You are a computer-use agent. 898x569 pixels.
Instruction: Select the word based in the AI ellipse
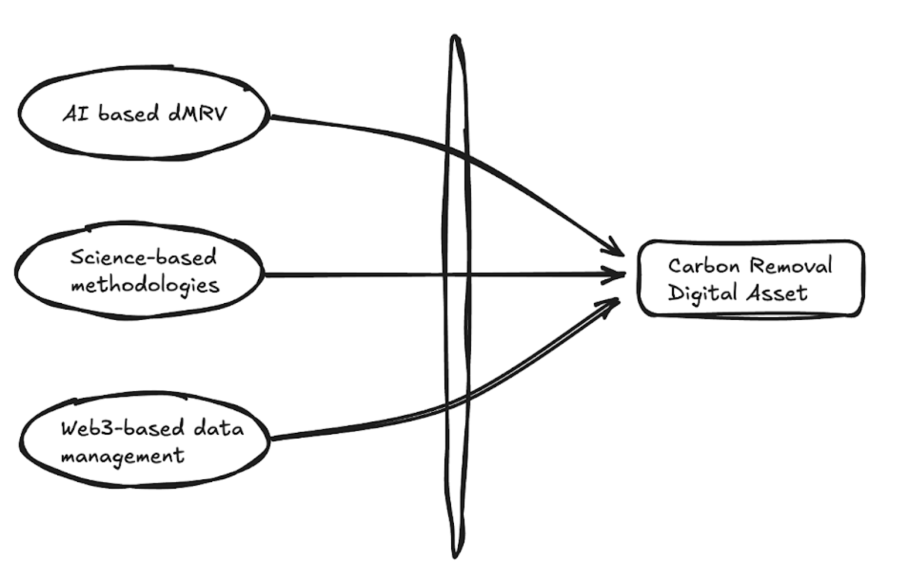(x=128, y=113)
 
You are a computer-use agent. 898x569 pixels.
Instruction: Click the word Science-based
(x=143, y=257)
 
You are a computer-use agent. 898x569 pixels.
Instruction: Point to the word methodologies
(x=145, y=285)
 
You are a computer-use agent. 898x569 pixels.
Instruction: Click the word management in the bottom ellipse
(x=122, y=456)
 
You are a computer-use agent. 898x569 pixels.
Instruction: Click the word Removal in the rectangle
(x=790, y=266)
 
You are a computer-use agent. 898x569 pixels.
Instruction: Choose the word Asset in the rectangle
(x=778, y=293)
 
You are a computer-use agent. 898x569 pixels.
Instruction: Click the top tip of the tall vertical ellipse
(x=455, y=37)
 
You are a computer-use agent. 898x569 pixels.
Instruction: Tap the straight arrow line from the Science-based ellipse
(x=351, y=273)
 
